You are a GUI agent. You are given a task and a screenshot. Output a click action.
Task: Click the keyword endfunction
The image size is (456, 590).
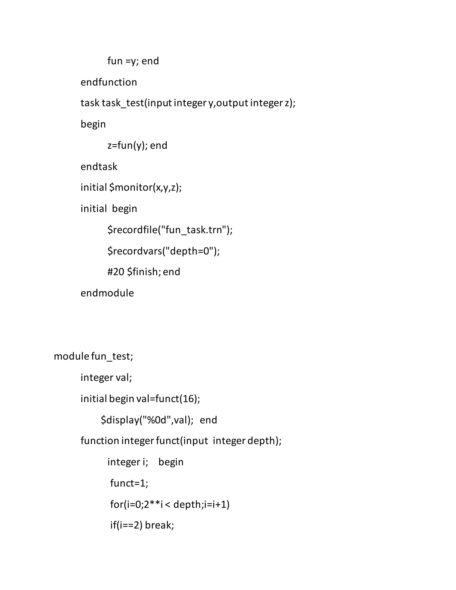[x=109, y=82]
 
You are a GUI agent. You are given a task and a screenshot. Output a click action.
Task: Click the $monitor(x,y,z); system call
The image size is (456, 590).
[x=145, y=187]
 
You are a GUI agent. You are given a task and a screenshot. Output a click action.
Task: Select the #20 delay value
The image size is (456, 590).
[x=116, y=272]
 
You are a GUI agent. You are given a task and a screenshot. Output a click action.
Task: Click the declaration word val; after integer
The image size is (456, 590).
[x=124, y=377]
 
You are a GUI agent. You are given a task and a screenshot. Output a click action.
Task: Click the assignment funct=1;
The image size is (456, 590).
[x=129, y=483]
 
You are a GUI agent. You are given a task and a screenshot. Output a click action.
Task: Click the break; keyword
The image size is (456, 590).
[x=159, y=525]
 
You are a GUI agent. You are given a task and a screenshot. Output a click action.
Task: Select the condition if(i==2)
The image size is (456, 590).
[x=126, y=525]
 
